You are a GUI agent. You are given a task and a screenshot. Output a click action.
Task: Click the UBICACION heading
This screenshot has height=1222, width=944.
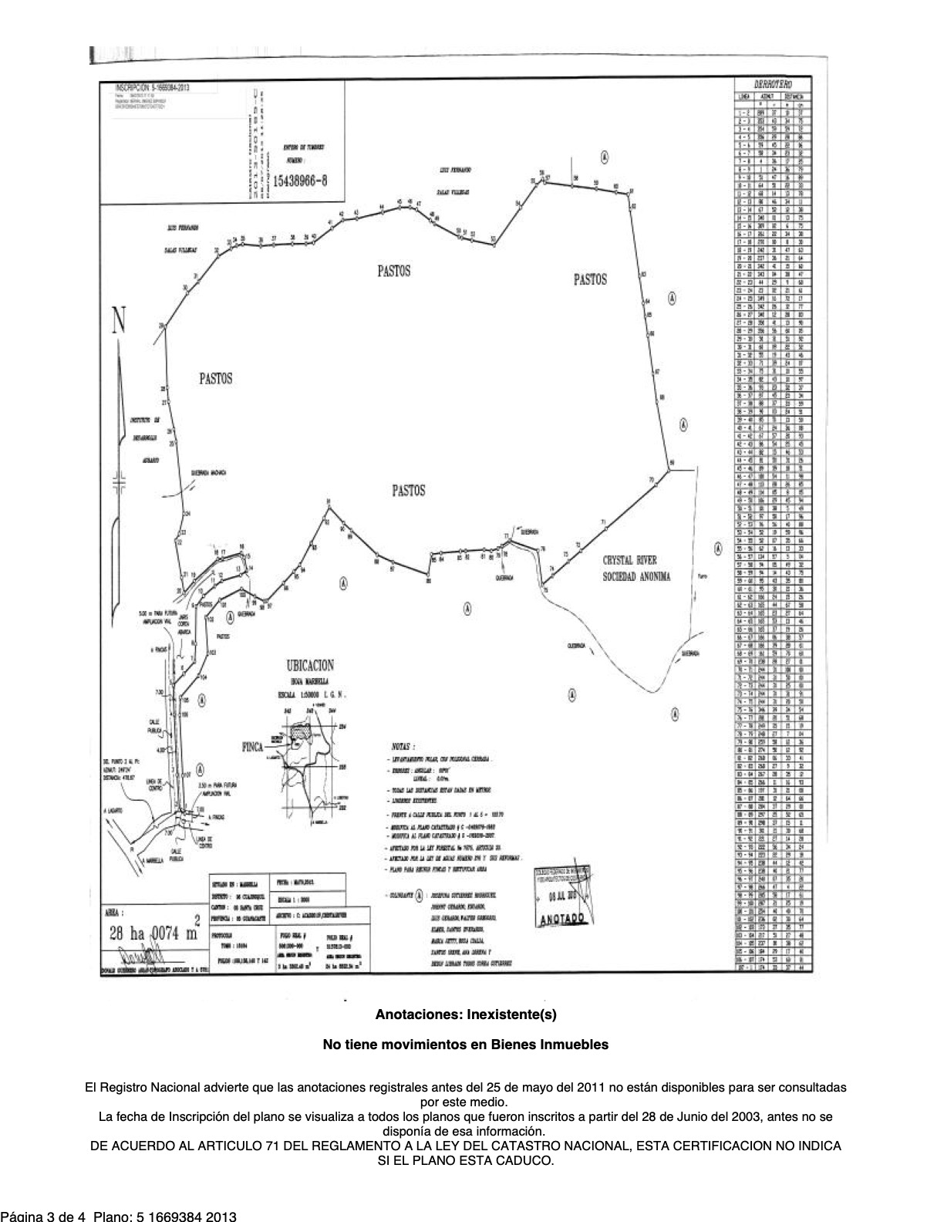[x=310, y=665]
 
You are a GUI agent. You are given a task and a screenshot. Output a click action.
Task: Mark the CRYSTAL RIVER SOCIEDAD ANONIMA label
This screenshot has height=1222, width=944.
[x=637, y=569]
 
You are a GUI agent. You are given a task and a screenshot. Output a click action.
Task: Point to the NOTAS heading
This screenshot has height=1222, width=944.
[x=399, y=748]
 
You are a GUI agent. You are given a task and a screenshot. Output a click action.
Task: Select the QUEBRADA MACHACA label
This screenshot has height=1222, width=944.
[x=207, y=474]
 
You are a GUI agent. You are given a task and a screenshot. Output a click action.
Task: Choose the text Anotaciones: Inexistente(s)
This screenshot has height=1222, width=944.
[x=465, y=1014]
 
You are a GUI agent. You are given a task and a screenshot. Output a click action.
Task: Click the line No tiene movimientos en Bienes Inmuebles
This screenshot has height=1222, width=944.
[x=465, y=1045]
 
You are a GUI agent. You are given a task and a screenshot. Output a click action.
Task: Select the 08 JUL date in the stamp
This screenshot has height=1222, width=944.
[x=561, y=897]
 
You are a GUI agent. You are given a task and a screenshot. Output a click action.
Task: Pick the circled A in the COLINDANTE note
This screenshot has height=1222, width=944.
[x=419, y=896]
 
